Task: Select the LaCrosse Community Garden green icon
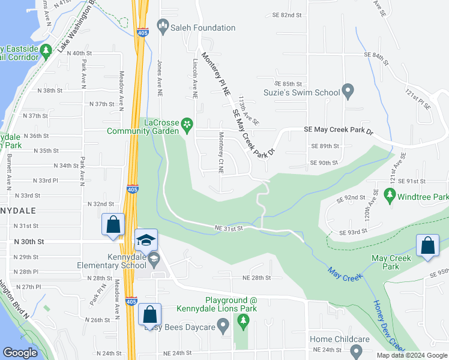(187, 124)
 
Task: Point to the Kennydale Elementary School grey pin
(154, 260)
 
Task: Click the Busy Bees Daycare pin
(223, 327)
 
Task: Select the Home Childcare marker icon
(358, 352)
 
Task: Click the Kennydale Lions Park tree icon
(244, 322)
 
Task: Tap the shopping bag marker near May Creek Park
(427, 246)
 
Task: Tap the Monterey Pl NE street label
(215, 74)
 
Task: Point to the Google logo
(20, 353)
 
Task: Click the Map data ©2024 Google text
(411, 355)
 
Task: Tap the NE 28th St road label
(257, 278)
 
